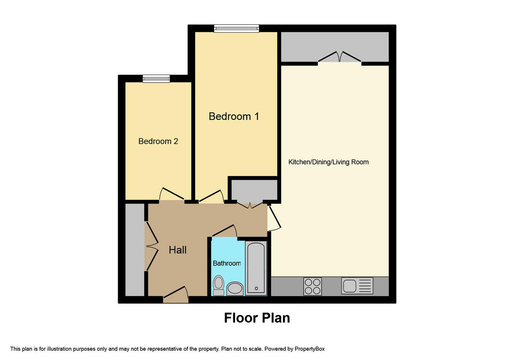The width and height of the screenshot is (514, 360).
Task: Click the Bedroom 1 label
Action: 234,116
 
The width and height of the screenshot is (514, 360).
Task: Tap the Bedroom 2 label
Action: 158,141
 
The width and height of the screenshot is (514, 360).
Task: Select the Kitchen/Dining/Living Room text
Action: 329,162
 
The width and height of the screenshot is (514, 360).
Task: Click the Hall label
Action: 177,250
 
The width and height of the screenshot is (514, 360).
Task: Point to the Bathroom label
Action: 227,263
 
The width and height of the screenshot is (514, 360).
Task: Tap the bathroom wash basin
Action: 235,288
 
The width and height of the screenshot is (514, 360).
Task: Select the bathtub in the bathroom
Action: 256,268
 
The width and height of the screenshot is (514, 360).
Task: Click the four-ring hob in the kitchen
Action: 313,286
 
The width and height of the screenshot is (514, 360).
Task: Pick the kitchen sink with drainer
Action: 357,285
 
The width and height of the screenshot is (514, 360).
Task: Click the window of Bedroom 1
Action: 237,28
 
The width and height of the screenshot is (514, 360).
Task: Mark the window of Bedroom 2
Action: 156,78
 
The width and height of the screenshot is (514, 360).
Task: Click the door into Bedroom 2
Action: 172,195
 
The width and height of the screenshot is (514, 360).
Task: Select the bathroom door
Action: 224,231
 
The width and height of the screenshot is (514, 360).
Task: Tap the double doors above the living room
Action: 339,57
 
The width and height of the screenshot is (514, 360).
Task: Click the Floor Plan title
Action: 257,318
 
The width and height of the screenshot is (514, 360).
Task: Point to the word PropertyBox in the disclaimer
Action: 312,349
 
